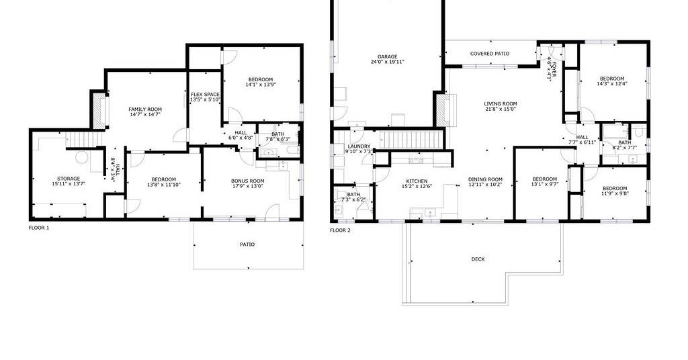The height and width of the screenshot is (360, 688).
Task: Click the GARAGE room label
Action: [x=388, y=56]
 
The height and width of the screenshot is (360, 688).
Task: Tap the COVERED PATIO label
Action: [x=490, y=54]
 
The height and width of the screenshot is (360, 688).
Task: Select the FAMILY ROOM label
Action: [x=145, y=109]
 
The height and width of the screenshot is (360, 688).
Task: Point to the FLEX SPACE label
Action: [x=205, y=94]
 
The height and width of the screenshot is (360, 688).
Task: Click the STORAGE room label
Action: [x=69, y=179]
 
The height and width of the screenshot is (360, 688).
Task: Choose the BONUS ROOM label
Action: [x=247, y=181]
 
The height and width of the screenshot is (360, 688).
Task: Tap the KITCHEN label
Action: [x=417, y=181]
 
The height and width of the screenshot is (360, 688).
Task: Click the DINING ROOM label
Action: [x=485, y=179]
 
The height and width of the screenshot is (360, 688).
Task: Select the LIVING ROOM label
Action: [x=500, y=104]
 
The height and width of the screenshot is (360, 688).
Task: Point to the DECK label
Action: [x=478, y=259]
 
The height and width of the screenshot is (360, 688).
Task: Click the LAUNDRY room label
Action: [x=359, y=146]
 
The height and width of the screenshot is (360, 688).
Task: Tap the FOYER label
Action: [x=554, y=69]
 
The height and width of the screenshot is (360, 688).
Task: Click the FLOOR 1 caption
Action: [x=39, y=228]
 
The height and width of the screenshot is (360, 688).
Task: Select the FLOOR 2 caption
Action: [x=340, y=230]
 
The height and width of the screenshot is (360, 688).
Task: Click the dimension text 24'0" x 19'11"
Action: [x=388, y=62]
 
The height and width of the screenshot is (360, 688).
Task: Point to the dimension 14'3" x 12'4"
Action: [x=612, y=83]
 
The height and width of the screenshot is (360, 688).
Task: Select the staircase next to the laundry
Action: [x=411, y=140]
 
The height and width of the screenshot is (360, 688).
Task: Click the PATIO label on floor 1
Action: [x=247, y=244]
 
